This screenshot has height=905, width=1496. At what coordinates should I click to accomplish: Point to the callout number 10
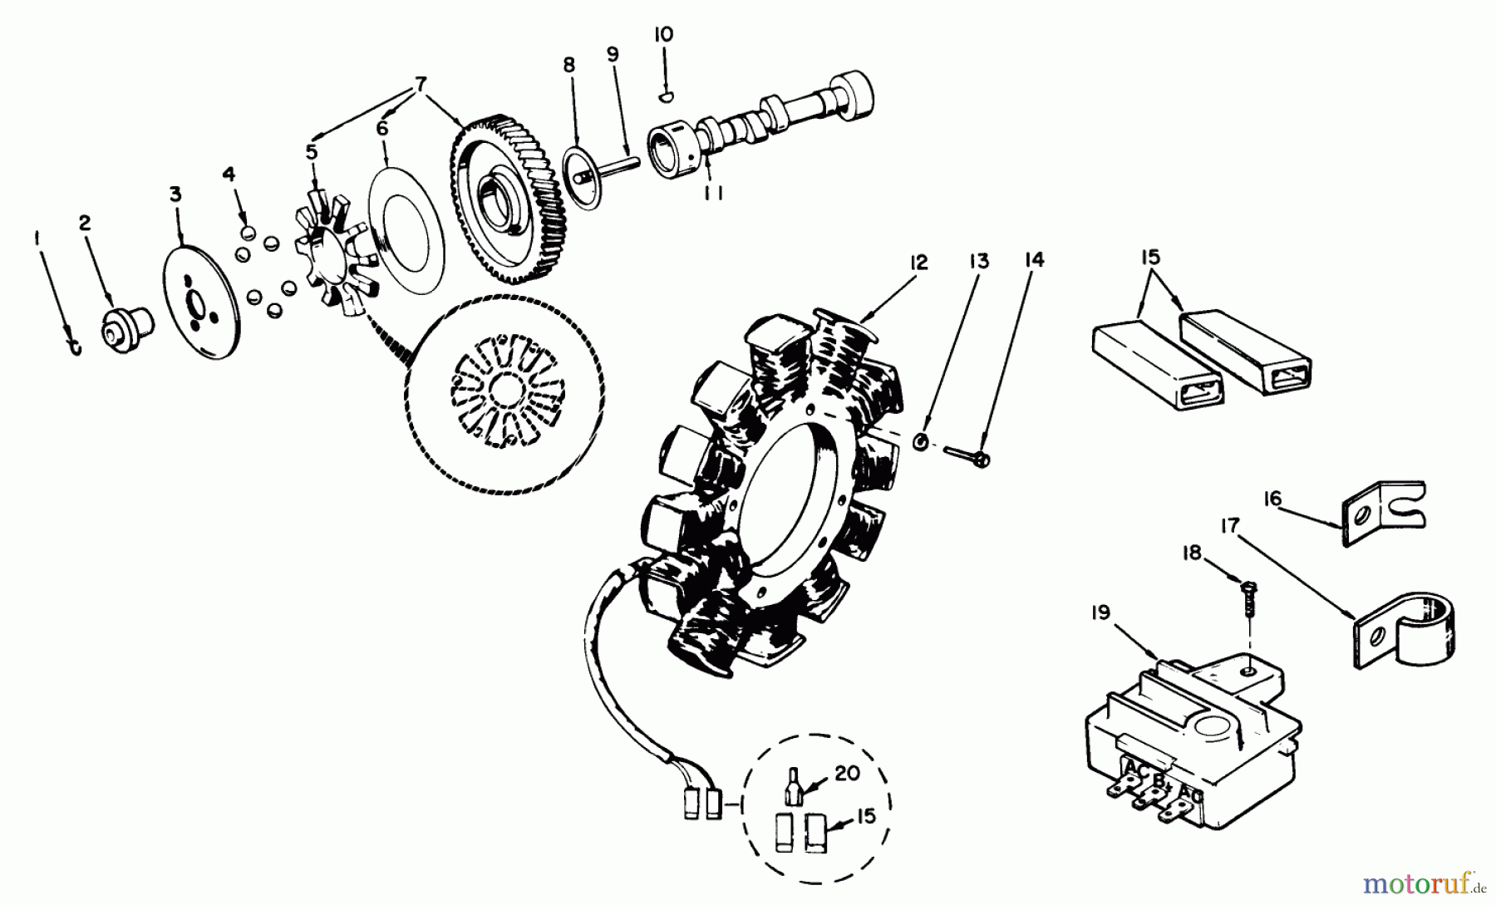click(x=664, y=34)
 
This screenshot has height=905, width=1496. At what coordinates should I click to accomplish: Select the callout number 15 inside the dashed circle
click(x=867, y=816)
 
